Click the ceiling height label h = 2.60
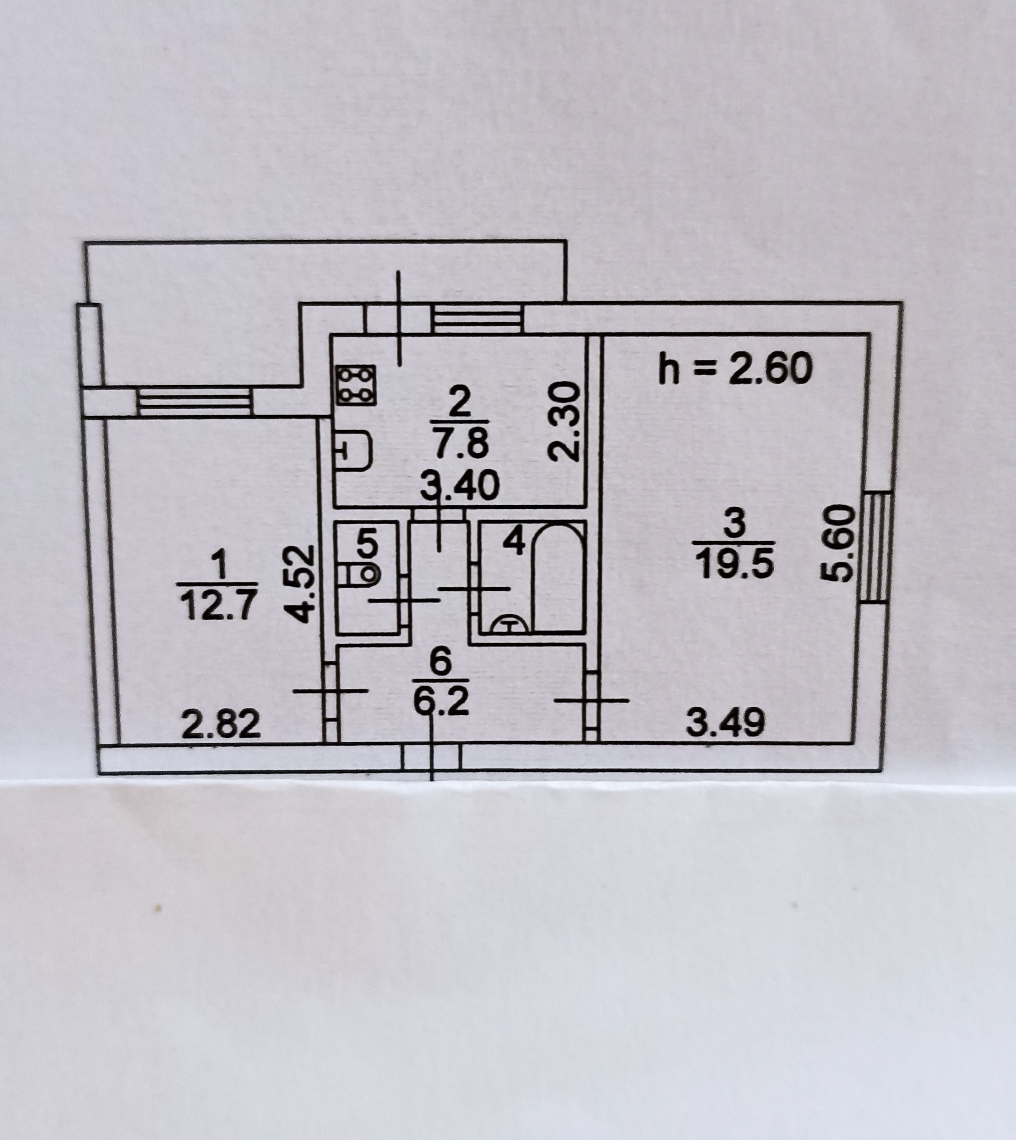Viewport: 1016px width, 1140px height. (x=734, y=370)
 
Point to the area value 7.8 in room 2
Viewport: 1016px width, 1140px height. (x=460, y=445)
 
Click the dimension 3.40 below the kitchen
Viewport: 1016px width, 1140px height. (x=459, y=487)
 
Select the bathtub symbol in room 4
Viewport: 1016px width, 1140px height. (x=558, y=580)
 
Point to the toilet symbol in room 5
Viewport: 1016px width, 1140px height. (x=357, y=573)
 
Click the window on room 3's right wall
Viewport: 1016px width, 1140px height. (x=878, y=547)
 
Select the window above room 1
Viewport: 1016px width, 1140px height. (x=195, y=402)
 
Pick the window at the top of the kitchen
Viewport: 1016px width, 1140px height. (x=477, y=318)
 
